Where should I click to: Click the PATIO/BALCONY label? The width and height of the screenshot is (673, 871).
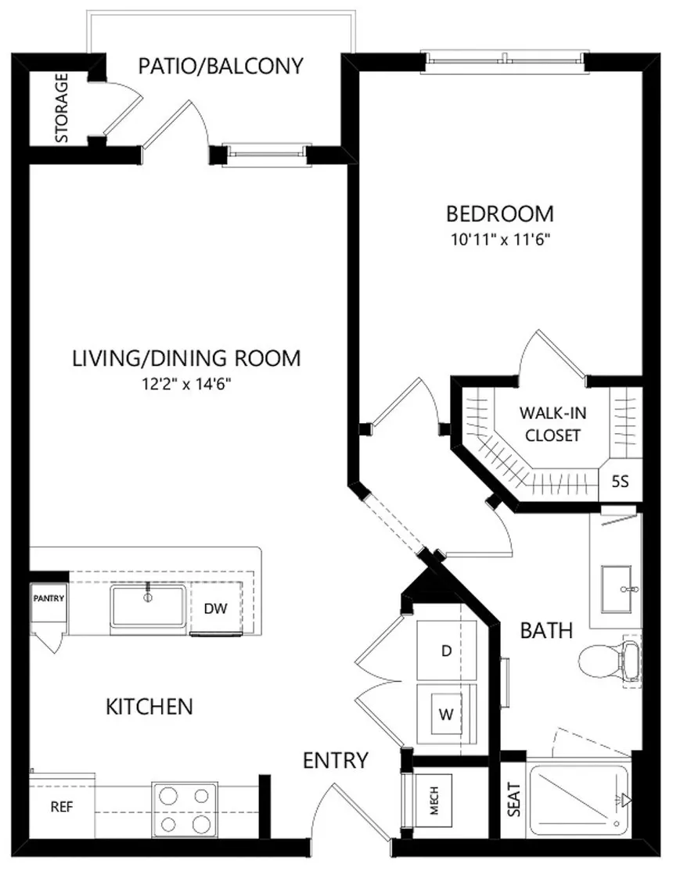221,66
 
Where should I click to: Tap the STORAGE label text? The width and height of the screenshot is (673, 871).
62,108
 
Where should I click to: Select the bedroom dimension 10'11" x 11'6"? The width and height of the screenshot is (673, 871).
500,240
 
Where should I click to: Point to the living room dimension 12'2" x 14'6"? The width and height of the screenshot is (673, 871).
186,385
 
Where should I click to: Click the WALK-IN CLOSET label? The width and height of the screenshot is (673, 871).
552,424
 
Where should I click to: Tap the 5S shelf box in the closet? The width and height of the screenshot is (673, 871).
620,481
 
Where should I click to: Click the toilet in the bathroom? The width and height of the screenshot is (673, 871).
609,661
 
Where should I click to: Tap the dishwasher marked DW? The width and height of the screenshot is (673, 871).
216,608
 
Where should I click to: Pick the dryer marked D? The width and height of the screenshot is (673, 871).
447,651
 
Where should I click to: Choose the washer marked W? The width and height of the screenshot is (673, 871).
447,714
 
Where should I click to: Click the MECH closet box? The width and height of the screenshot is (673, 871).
434,801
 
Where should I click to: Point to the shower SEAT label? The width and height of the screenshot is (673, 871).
514,799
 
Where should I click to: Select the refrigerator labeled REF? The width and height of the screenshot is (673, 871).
62,807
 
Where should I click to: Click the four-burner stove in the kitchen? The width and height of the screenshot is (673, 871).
185,808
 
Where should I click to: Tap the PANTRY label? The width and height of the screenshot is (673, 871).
49,598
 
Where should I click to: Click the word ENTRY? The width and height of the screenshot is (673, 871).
336,760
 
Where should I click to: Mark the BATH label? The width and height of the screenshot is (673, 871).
546,630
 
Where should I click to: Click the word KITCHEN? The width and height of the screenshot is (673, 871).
149,707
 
